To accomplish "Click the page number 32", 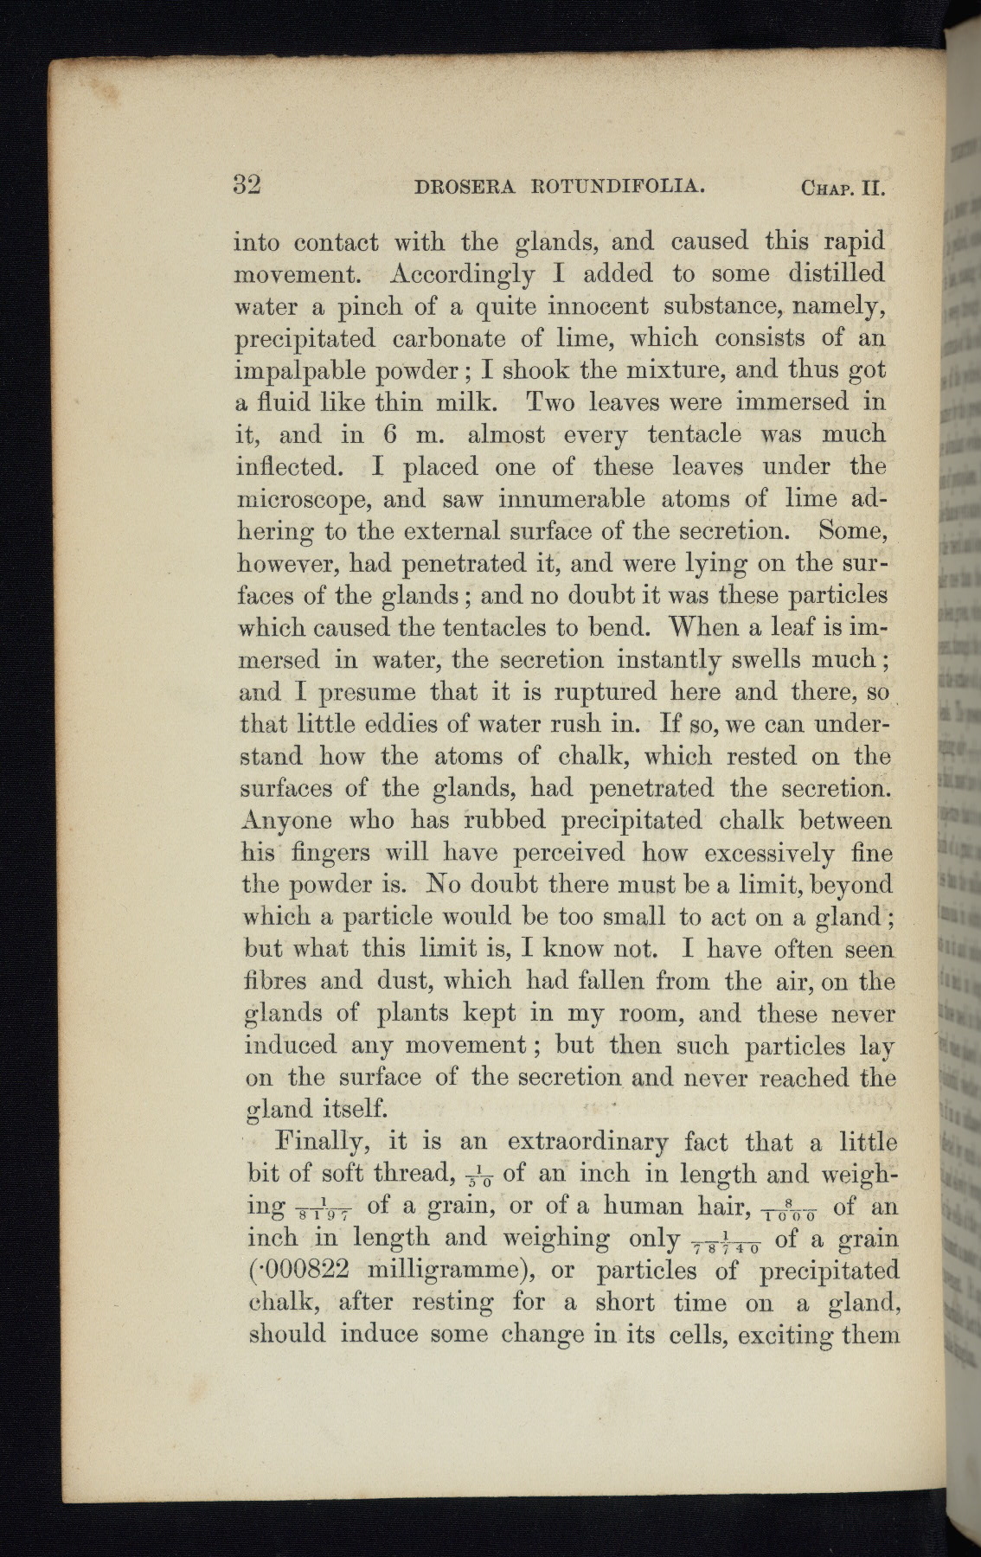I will tap(247, 185).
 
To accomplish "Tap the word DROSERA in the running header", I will tap(466, 187).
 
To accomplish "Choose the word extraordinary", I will tap(587, 1144).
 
